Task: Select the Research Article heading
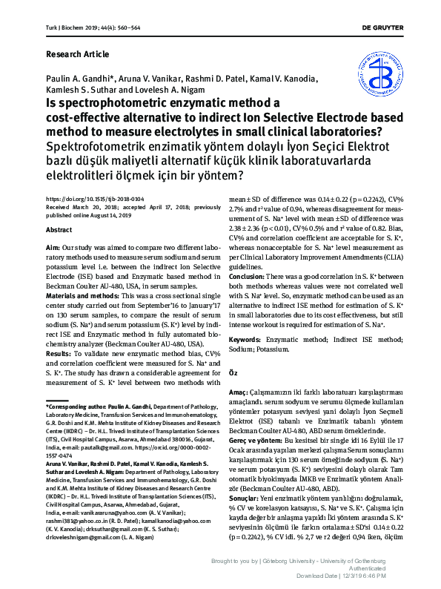78,54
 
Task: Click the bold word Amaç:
240,390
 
